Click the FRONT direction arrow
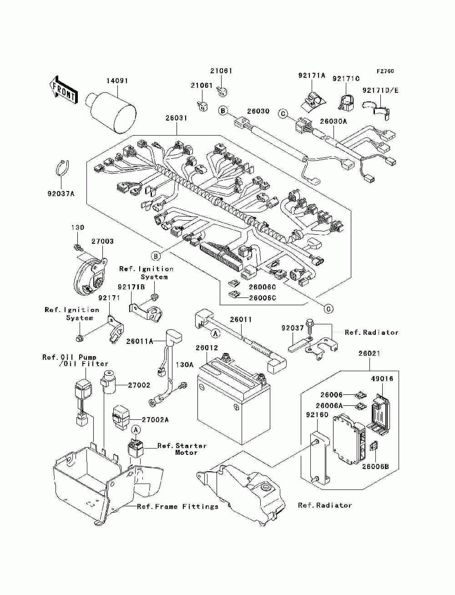(x=63, y=90)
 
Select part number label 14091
(x=117, y=81)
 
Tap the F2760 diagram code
(x=385, y=71)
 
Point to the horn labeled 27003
(x=90, y=276)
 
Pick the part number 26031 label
(x=176, y=118)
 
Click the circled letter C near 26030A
(x=283, y=114)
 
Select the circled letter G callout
(x=329, y=309)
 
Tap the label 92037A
(x=61, y=194)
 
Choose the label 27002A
(x=155, y=419)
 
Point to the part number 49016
(x=382, y=378)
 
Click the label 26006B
(x=375, y=474)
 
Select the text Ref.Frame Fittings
(x=177, y=506)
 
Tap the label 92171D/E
(x=380, y=90)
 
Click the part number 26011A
(x=139, y=341)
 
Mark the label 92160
(x=317, y=414)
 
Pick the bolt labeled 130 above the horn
(x=77, y=247)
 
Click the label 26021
(x=369, y=353)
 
